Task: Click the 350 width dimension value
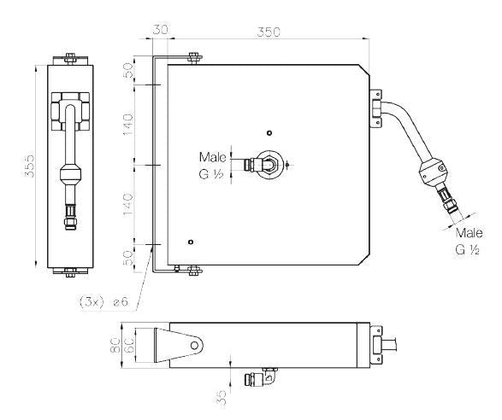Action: [269, 32]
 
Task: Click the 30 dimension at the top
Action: [160, 29]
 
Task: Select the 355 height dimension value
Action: [29, 166]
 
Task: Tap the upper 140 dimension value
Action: [128, 125]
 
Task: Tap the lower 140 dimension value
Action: [128, 205]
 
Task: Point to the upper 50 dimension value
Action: [128, 71]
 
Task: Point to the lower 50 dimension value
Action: [128, 258]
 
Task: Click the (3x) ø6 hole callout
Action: [104, 301]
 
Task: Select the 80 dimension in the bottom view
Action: [115, 345]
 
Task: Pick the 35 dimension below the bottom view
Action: [221, 398]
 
